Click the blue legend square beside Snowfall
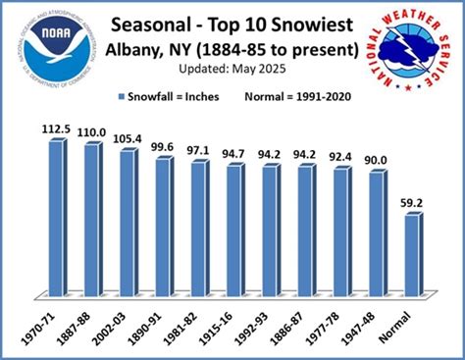click(124, 97)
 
